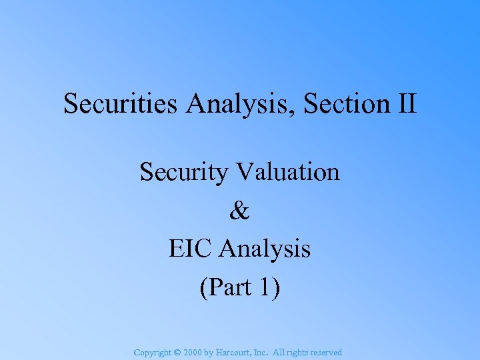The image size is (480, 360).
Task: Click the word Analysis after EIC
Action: [x=265, y=249]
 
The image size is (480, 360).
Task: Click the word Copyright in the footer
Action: [x=153, y=352]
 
